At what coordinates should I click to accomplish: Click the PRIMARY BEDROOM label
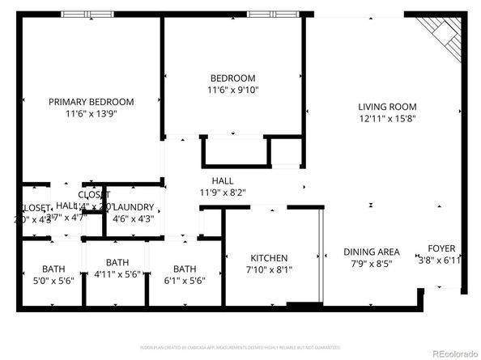click(91, 102)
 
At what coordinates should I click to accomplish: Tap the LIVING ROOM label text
click(387, 107)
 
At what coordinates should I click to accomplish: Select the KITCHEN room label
click(269, 257)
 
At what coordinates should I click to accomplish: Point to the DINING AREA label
click(372, 252)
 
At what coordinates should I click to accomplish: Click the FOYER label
click(441, 248)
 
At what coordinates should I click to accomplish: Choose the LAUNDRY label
click(134, 207)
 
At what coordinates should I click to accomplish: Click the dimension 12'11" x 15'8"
click(387, 119)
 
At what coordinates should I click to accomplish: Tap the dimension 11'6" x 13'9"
click(91, 114)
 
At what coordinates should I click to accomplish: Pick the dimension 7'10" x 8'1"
click(269, 269)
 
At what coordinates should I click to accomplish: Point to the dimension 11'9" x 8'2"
click(222, 193)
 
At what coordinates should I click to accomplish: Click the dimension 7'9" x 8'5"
click(372, 264)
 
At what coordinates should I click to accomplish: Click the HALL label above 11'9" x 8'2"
click(222, 180)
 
